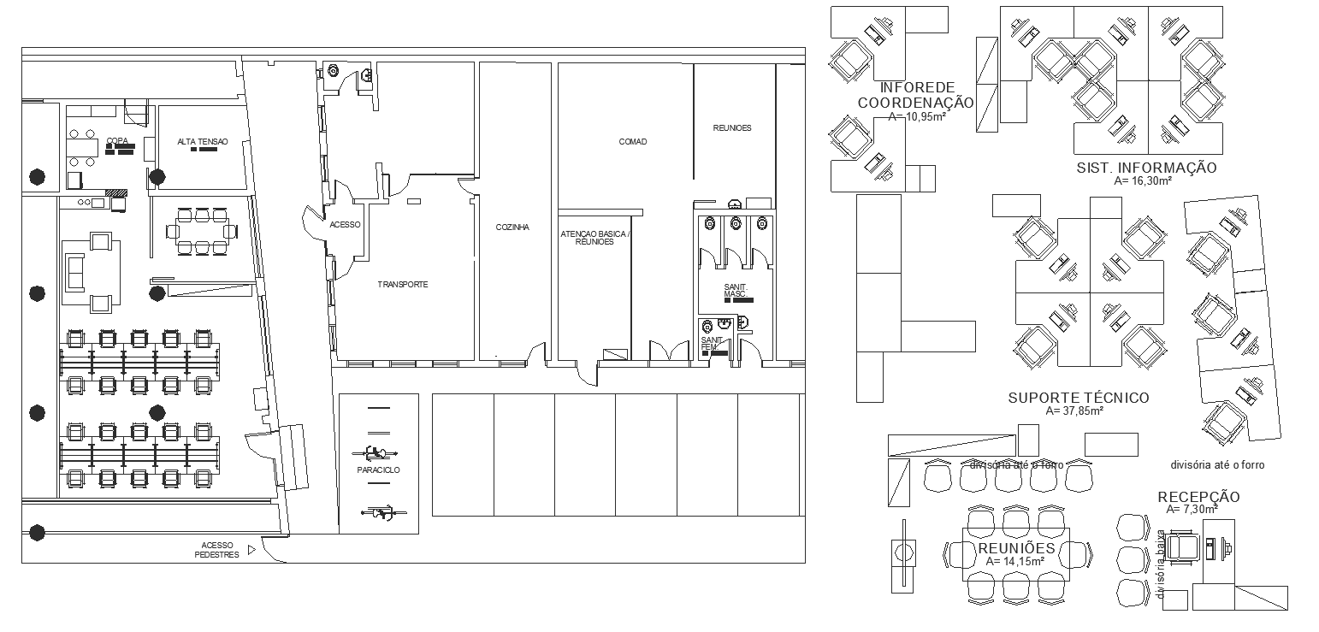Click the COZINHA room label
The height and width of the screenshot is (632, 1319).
512,227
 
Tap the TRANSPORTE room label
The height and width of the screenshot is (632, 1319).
402,284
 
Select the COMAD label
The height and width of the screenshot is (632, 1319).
633,142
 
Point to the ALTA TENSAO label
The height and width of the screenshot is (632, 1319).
197,141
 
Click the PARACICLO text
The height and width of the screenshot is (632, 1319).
379,470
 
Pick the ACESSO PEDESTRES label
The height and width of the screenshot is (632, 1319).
216,550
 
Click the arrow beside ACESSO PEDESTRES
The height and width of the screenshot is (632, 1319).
251,549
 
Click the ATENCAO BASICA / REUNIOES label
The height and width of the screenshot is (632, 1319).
594,238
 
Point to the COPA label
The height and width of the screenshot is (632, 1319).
117,141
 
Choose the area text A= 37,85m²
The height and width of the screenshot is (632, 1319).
1074,411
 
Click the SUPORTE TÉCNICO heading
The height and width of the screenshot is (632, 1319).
1078,398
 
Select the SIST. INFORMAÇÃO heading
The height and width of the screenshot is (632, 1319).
1146,168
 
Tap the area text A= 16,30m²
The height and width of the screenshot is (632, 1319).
1143,180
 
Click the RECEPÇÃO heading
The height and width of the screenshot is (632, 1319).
1198,497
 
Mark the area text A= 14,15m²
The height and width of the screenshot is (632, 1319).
1014,562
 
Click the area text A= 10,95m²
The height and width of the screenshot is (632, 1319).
915,116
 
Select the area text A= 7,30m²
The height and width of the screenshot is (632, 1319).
1191,509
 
